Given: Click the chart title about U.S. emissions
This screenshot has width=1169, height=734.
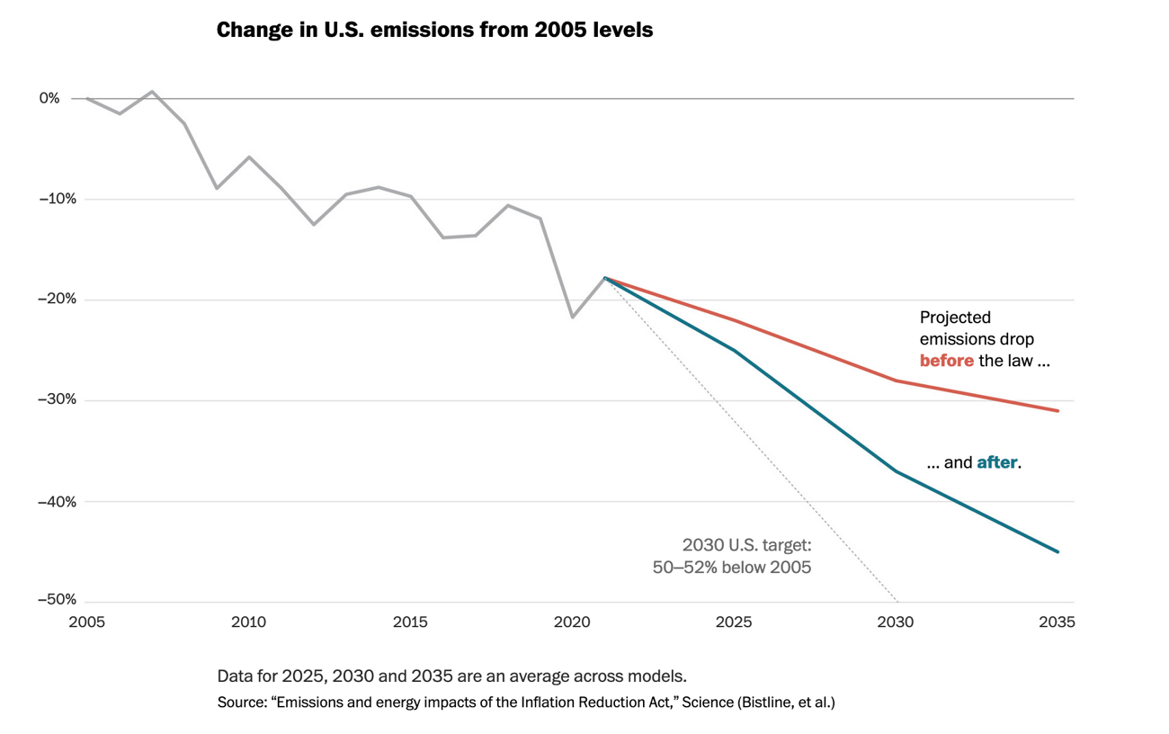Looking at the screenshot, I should (x=434, y=30).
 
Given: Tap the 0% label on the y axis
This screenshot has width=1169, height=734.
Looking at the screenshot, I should (x=49, y=98).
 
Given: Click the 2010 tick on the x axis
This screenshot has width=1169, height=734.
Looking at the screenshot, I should (x=248, y=622).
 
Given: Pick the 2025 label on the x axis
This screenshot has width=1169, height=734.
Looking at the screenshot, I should (x=734, y=622).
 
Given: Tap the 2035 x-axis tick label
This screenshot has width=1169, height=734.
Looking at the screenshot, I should (x=1057, y=622).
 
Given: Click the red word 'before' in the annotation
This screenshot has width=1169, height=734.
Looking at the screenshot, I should (x=946, y=361).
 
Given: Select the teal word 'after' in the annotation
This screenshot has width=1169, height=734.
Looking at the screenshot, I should (x=996, y=463).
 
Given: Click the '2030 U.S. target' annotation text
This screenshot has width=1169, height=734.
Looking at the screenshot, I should (x=746, y=545).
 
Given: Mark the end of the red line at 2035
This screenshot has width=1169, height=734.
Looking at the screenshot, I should (x=1057, y=411).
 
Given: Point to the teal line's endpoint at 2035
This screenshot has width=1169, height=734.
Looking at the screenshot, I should (x=1057, y=551).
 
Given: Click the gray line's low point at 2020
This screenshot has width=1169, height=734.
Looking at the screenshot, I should (x=572, y=317).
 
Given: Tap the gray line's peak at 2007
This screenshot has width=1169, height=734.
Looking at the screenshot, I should (x=152, y=92).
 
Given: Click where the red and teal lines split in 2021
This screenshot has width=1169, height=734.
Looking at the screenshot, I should (x=605, y=278).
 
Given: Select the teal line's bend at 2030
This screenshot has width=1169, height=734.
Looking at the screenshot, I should (x=896, y=471).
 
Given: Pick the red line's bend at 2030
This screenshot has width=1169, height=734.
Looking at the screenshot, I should (x=896, y=380).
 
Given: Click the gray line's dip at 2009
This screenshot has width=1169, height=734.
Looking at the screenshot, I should (x=217, y=188).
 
